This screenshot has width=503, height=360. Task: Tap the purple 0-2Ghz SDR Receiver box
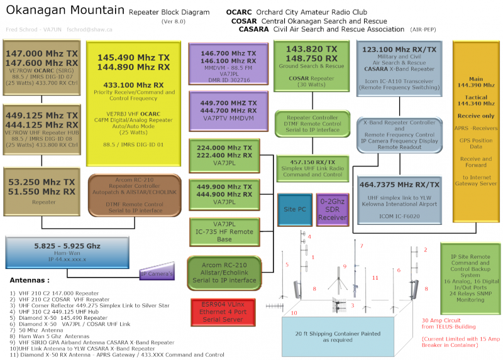331,209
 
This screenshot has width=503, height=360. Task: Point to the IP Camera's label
156,274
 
